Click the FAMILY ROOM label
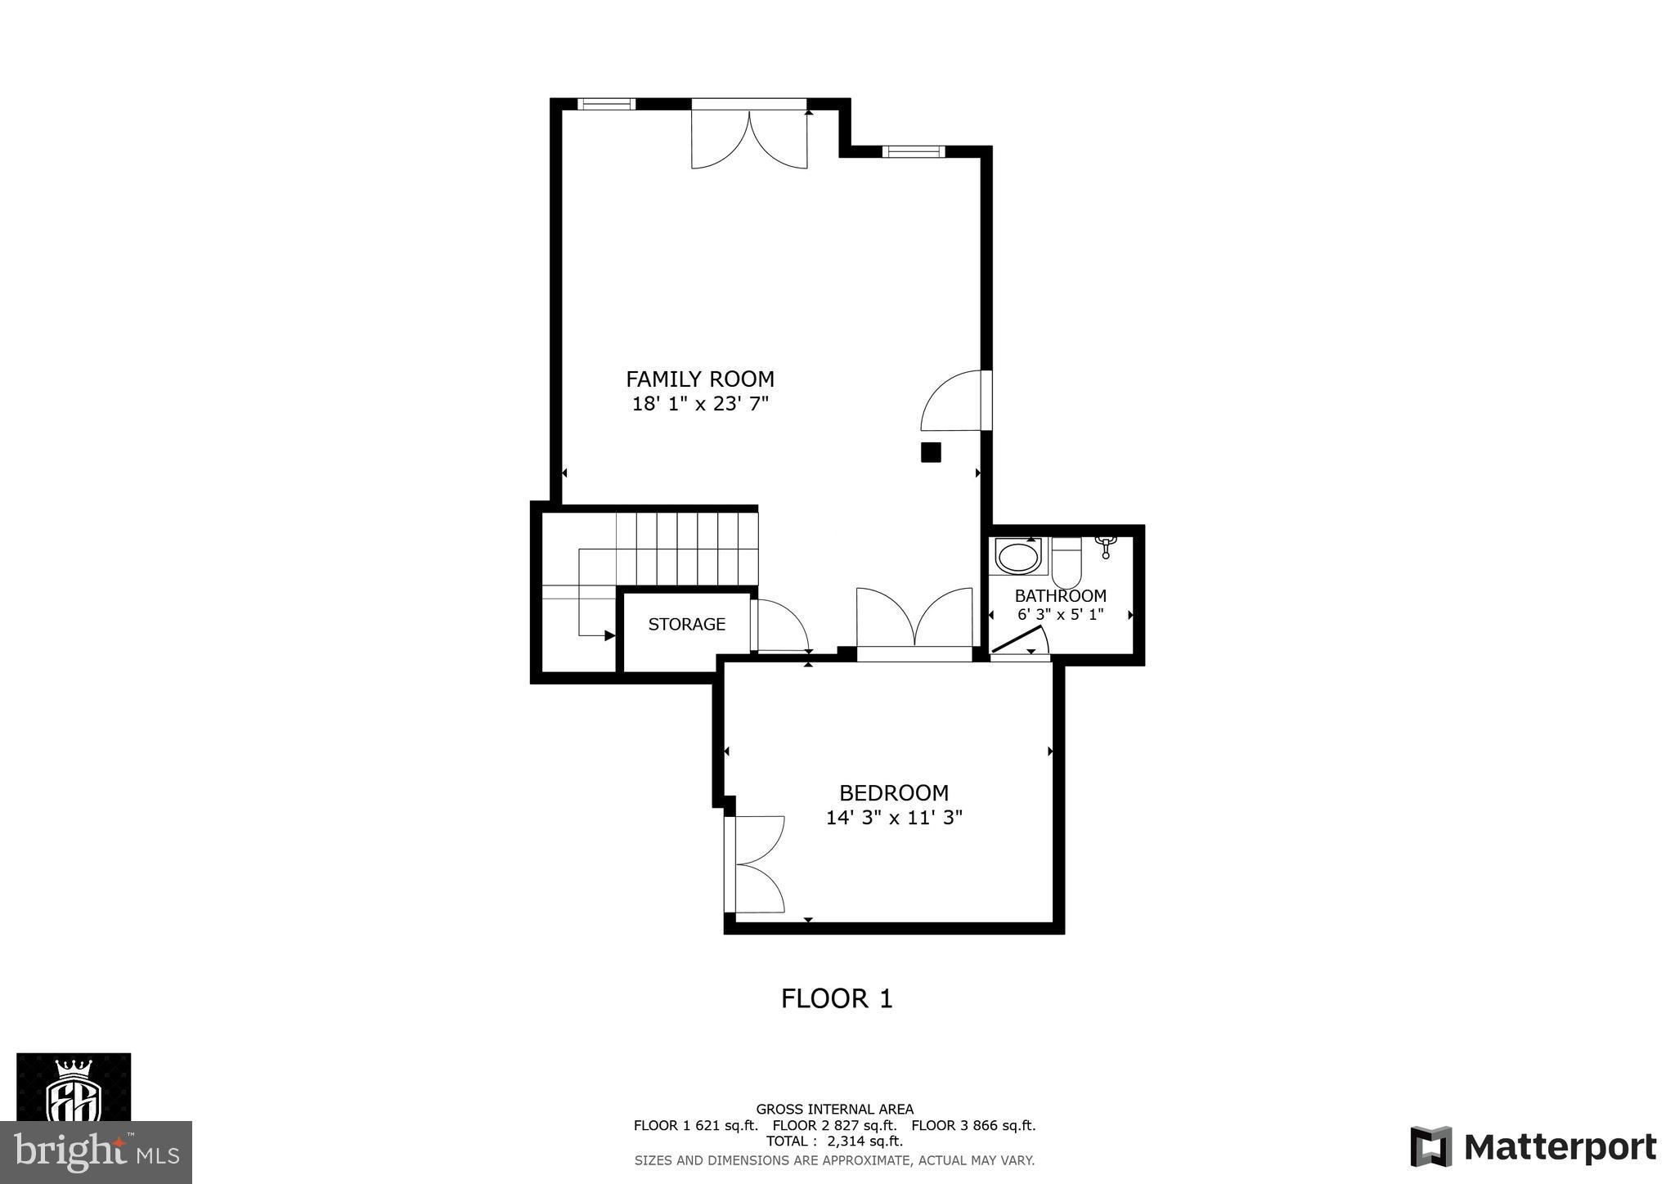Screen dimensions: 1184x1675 click(699, 379)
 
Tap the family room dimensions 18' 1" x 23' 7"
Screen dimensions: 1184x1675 click(700, 404)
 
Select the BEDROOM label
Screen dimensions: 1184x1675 click(894, 793)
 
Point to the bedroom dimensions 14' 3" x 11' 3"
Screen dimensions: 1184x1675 click(894, 818)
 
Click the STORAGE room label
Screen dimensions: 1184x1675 click(686, 625)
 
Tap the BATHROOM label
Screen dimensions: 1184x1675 click(1060, 596)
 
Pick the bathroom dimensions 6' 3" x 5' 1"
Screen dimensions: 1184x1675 click(1060, 615)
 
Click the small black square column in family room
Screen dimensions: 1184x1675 click(931, 452)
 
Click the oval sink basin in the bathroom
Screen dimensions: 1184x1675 click(1017, 558)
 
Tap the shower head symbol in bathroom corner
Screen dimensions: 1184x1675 click(1105, 545)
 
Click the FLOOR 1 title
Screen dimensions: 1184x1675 click(837, 998)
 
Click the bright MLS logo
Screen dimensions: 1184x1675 click(96, 1153)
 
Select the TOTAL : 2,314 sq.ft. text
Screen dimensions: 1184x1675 click(834, 1141)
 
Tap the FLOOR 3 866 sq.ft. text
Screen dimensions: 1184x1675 click(973, 1125)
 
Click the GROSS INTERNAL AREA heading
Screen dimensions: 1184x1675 click(834, 1110)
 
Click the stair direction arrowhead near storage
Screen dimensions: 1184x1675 click(609, 635)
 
